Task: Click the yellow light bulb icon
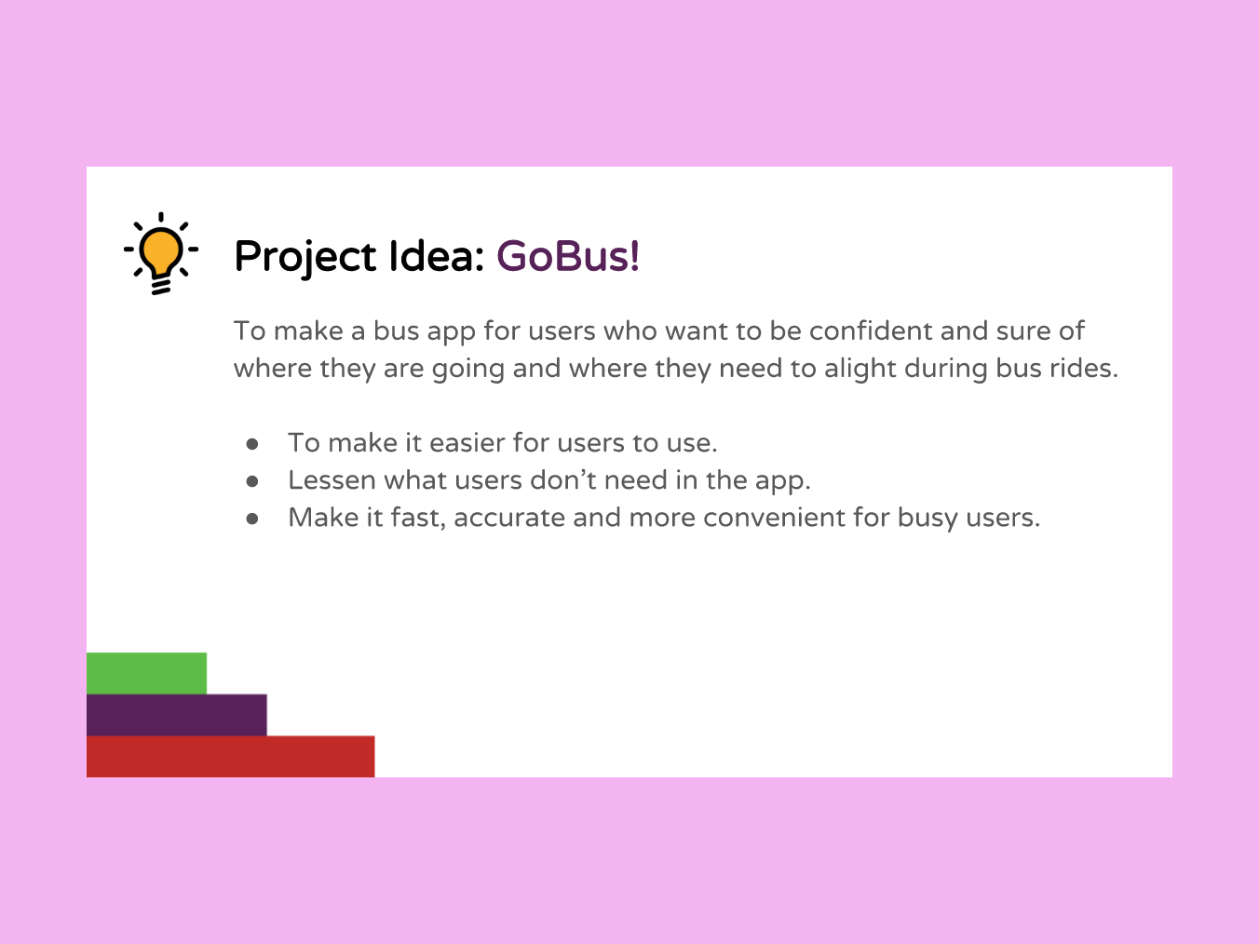(161, 253)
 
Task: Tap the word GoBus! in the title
(568, 256)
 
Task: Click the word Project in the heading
(305, 258)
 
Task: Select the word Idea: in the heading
(437, 256)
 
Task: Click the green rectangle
(147, 673)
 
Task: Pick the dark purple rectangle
(177, 715)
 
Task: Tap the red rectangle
(231, 757)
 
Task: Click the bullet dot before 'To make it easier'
(252, 444)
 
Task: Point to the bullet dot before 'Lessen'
(252, 481)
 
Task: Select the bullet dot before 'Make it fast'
(252, 519)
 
